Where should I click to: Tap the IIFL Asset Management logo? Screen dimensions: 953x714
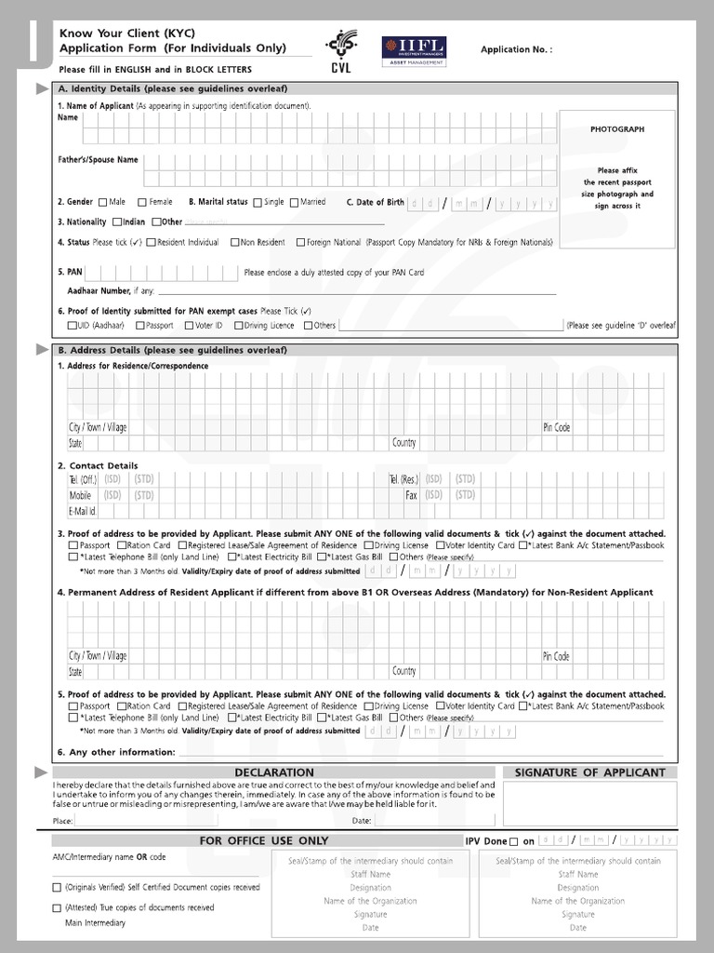coord(414,50)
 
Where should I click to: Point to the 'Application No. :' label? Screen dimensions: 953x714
coord(516,49)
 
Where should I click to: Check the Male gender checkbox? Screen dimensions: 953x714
coord(102,202)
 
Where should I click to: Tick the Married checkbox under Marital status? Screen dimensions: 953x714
coord(294,202)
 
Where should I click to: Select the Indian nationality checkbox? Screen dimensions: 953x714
coord(117,222)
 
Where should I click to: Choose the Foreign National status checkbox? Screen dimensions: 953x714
coord(300,243)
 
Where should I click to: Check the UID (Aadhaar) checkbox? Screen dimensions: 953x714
coord(72,326)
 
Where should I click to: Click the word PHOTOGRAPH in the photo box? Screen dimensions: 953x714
coord(616,129)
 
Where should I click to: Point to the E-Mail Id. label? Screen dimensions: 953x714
coord(83,511)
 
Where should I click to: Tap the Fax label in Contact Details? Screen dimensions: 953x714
coord(410,496)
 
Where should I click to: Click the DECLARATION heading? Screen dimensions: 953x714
coord(274,772)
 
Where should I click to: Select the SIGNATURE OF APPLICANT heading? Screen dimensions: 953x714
coord(589,772)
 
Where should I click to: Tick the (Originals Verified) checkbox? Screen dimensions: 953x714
coord(58,888)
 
